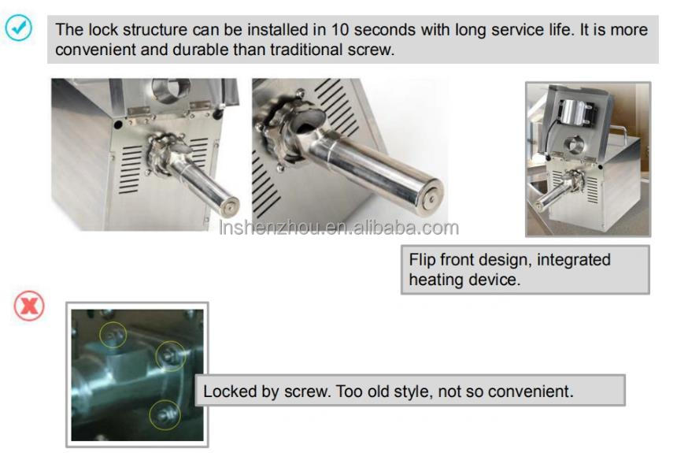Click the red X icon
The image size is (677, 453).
pos(29,306)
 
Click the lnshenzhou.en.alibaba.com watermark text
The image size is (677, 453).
pos(338,228)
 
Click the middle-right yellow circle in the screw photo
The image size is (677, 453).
pos(170,356)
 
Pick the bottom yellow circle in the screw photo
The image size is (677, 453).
pos(165,413)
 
